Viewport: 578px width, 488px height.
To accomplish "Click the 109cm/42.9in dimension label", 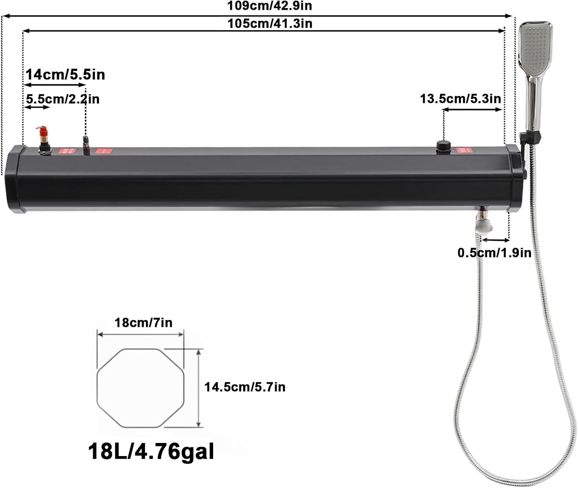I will tap(269, 6).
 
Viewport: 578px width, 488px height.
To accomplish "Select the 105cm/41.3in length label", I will tap(269, 23).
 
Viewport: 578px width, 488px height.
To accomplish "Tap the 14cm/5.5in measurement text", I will tap(66, 74).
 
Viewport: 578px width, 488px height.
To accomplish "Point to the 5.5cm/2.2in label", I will tap(63, 99).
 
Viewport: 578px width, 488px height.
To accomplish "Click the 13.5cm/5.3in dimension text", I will tap(460, 99).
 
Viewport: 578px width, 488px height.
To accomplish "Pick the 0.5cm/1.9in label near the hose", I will tap(494, 252).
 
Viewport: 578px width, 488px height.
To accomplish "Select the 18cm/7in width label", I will tap(143, 322).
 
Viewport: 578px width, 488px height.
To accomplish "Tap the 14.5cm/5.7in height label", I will tap(245, 386).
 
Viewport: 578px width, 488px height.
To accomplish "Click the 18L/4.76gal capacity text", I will tap(151, 451).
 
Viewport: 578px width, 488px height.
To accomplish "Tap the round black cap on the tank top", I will tap(444, 147).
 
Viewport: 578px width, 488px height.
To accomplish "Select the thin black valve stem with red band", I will tap(86, 145).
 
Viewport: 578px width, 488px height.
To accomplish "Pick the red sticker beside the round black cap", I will tap(464, 150).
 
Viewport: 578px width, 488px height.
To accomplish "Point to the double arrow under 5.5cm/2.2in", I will tap(37, 107).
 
